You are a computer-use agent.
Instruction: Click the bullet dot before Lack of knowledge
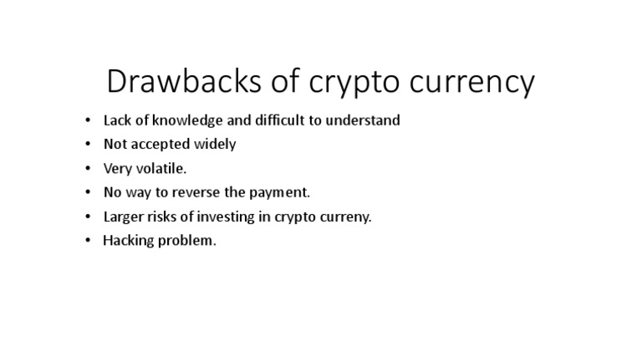(89, 120)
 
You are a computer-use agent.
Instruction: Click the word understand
(361, 120)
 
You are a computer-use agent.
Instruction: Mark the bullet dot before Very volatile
(89, 169)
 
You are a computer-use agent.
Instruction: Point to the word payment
(282, 193)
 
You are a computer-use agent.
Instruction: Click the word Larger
(125, 217)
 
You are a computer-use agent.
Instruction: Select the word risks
(168, 217)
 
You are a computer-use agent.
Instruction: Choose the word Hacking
(129, 242)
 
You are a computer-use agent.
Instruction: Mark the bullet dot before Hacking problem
(89, 241)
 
